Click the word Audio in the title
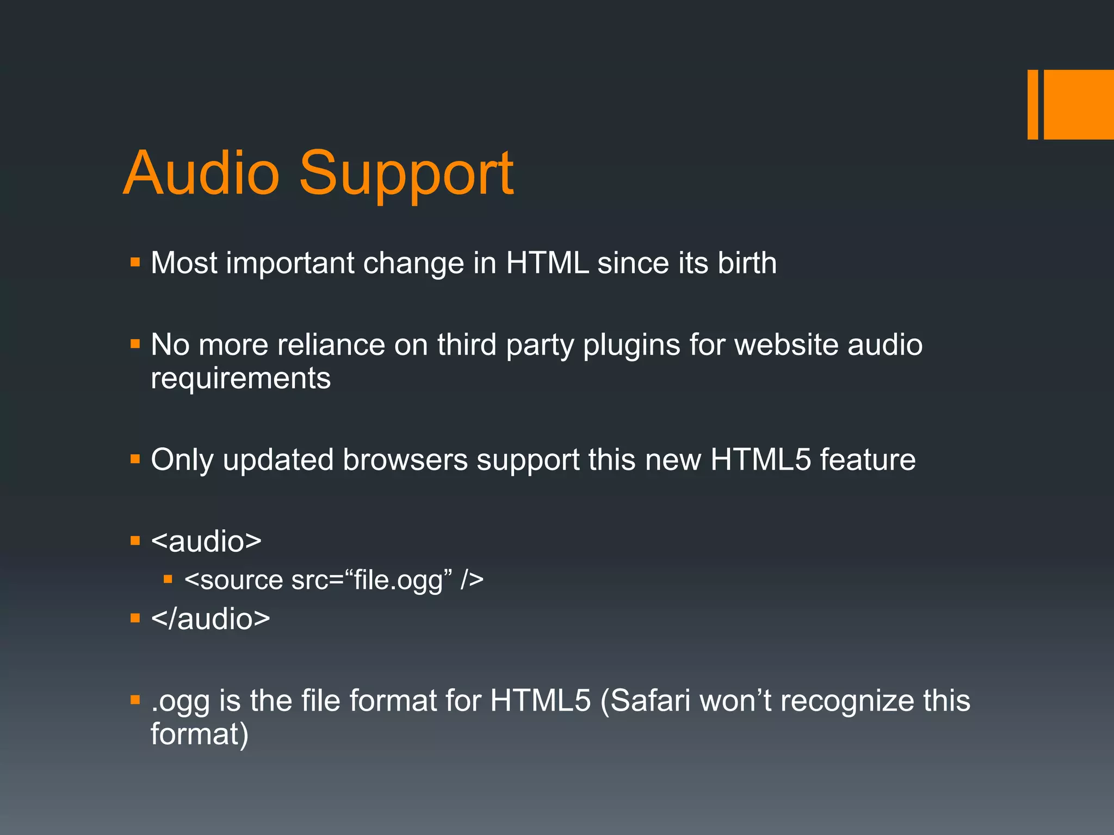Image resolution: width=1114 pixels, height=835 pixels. pos(201,173)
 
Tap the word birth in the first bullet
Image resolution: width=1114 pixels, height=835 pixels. pos(747,263)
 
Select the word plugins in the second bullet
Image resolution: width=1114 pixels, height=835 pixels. pos(632,346)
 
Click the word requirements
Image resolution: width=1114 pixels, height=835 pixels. pos(240,379)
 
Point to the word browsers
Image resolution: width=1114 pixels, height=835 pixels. pos(405,460)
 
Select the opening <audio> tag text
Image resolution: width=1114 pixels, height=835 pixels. pos(206,541)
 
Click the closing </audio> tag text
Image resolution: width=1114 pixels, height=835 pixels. pos(211,619)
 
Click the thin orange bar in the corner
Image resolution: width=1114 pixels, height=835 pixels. pos(1032,104)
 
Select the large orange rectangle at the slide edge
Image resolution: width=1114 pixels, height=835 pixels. pos(1079,104)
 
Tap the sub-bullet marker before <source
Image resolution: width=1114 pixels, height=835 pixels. pos(168,579)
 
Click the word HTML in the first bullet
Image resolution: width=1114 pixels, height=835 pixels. pos(547,263)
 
